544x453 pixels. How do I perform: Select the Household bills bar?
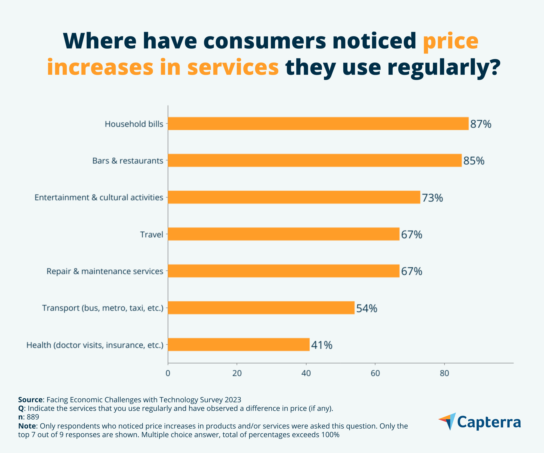(x=318, y=124)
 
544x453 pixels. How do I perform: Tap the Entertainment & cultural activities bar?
(x=294, y=197)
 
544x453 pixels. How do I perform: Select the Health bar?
(x=239, y=345)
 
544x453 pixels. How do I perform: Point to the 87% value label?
(x=480, y=124)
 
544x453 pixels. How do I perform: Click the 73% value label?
(x=432, y=198)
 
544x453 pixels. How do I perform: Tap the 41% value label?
(x=321, y=345)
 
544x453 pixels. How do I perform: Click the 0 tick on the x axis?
(x=168, y=373)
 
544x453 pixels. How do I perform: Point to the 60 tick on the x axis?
(x=375, y=373)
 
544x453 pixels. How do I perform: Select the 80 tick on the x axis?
(x=444, y=373)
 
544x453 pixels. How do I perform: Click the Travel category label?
(x=152, y=234)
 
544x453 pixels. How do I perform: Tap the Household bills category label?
(x=134, y=124)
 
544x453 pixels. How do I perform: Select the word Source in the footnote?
(x=30, y=400)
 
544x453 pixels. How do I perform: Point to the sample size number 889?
(x=33, y=417)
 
